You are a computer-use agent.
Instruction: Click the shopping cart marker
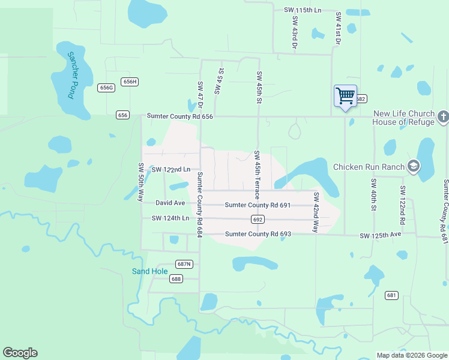click(345, 96)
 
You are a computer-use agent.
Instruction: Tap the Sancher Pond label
click(73, 75)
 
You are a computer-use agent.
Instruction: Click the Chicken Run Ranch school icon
click(413, 166)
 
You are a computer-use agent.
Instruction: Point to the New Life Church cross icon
click(443, 116)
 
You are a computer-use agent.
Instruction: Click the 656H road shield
click(129, 82)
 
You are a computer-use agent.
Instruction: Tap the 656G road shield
click(106, 88)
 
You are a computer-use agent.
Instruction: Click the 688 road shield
click(176, 278)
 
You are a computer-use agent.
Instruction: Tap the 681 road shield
click(392, 295)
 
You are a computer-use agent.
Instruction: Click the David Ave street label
click(170, 203)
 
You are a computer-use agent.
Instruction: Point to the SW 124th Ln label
click(170, 218)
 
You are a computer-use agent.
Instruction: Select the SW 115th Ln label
click(302, 11)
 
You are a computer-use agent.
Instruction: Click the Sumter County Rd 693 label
click(258, 233)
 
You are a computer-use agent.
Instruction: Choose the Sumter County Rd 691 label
click(258, 205)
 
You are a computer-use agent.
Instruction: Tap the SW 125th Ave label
click(380, 236)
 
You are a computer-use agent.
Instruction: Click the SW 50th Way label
click(142, 182)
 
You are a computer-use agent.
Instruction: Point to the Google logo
click(20, 353)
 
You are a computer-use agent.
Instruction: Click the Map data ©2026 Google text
click(412, 355)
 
